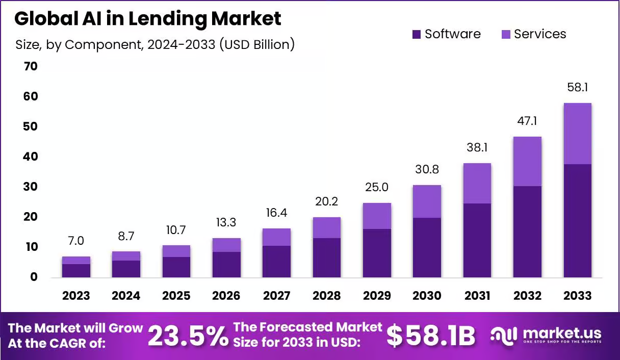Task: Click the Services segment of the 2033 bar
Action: click(577, 134)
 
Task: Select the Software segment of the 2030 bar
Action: click(427, 247)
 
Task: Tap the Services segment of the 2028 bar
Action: click(327, 228)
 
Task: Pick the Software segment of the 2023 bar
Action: click(76, 271)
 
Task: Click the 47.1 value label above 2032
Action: click(527, 121)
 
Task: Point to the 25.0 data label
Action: click(377, 187)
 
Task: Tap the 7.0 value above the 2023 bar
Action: click(76, 241)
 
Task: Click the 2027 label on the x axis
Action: click(276, 296)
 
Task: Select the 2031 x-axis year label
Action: click(477, 296)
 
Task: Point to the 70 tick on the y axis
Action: click(31, 66)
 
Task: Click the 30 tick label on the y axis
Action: click(31, 187)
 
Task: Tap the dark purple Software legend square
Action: click(417, 34)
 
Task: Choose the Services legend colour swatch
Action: click(506, 34)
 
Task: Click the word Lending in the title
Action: click(167, 19)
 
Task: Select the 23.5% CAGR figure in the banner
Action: click(188, 336)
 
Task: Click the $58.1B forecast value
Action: click(431, 336)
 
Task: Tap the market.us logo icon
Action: click(503, 336)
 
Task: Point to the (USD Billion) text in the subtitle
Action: click(257, 44)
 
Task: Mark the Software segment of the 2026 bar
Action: click(226, 265)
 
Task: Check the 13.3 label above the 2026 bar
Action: click(226, 222)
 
